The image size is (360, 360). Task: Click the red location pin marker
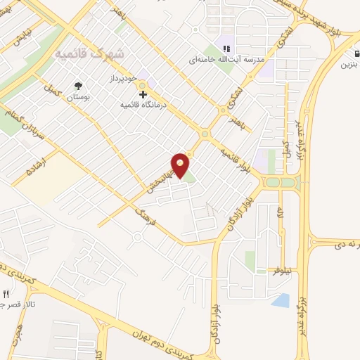point(181,166)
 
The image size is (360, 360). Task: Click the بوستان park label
point(80,96)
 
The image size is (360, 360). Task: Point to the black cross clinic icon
point(143,94)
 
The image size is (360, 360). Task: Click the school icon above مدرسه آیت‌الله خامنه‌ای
point(226,49)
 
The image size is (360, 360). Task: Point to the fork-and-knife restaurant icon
point(6,294)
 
